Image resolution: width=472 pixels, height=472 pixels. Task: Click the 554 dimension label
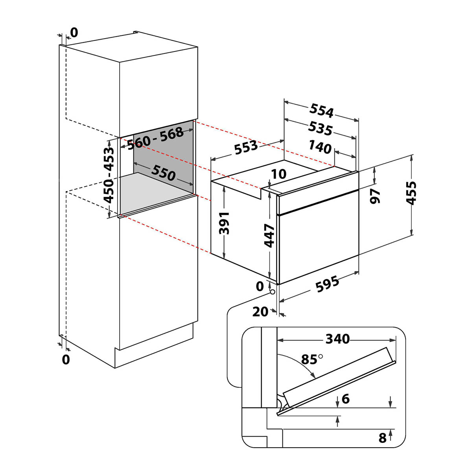coord(322,110)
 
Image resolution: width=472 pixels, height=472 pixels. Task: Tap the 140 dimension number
coord(320,147)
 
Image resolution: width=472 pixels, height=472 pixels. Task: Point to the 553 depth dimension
coord(246,147)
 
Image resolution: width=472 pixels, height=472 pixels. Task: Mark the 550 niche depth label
coord(163,173)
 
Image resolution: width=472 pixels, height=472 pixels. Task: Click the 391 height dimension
coord(224,223)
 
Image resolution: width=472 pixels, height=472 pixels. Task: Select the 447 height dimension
coord(269,236)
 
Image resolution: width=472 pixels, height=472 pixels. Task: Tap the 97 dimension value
coord(376,195)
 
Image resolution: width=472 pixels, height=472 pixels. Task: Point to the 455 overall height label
coord(411,193)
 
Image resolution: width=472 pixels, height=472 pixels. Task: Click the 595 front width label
coord(328,284)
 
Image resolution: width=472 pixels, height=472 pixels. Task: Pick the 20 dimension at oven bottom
coord(260,312)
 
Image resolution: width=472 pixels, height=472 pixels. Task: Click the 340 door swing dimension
coord(338,338)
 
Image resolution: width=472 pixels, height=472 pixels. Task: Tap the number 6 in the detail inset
coord(345,399)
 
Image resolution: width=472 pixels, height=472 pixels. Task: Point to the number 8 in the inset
coord(382,438)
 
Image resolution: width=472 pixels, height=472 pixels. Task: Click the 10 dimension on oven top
coord(279,173)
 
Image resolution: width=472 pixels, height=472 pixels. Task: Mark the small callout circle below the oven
coord(272,292)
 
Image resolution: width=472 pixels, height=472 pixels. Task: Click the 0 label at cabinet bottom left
coord(66,359)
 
